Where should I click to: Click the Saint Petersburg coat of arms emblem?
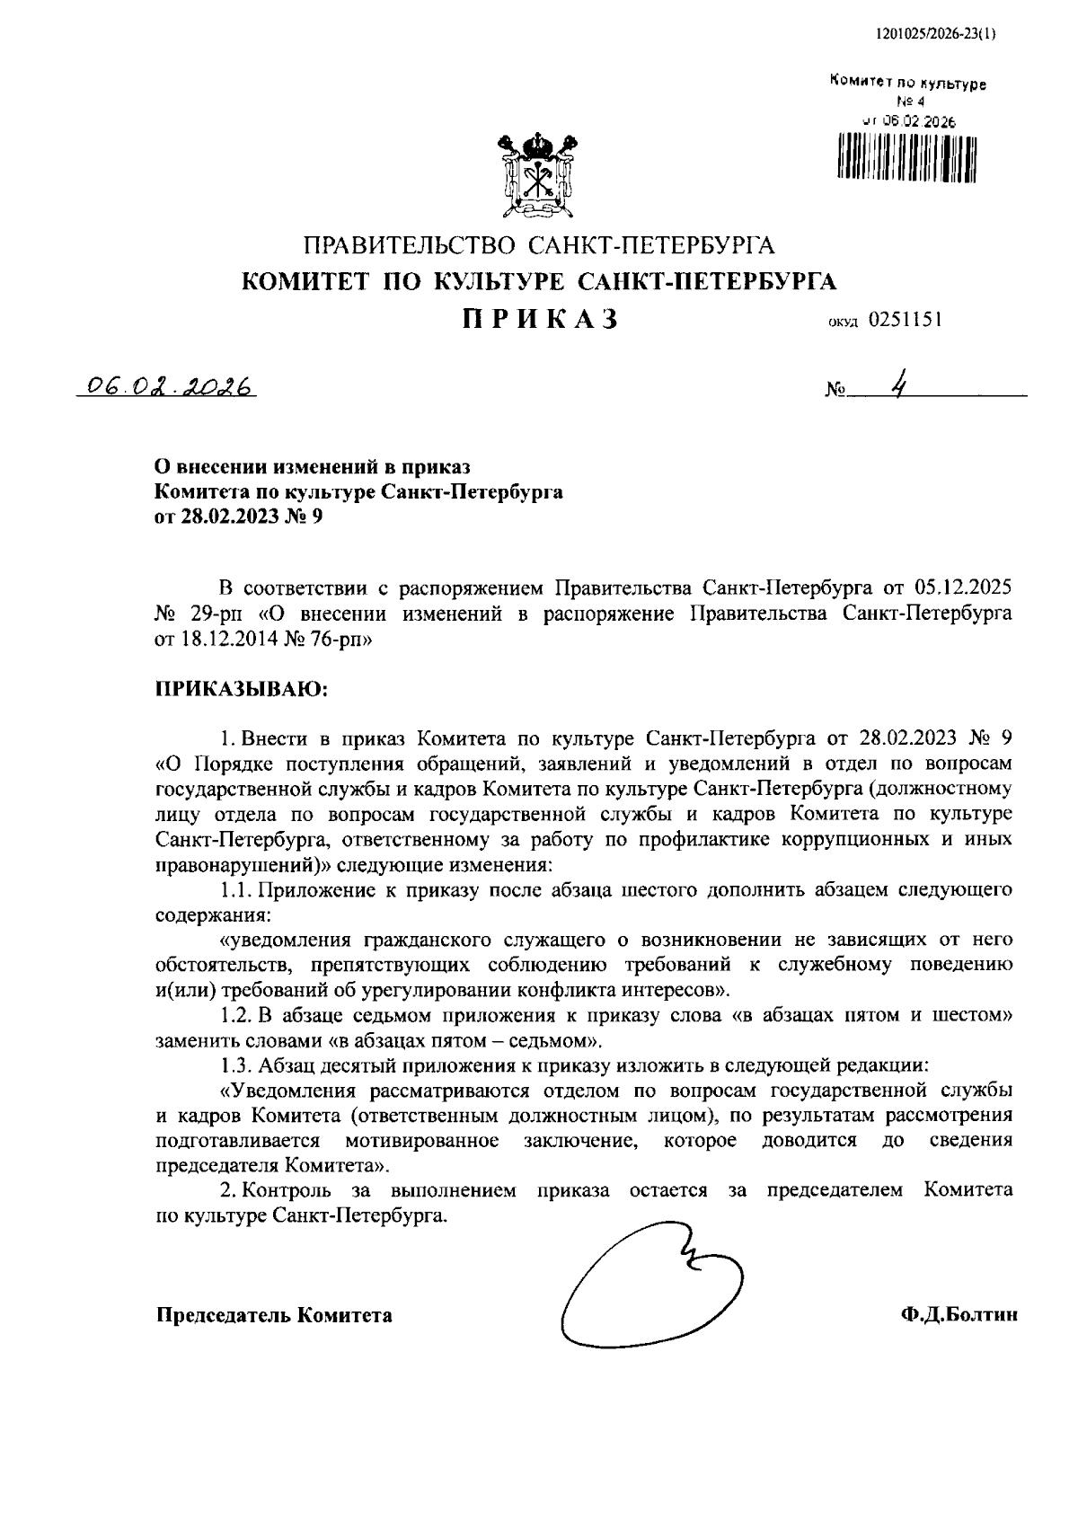click(538, 177)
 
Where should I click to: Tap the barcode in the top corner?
click(906, 155)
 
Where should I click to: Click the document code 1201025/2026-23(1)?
click(933, 35)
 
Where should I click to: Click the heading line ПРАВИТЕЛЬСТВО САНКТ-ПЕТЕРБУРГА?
click(539, 245)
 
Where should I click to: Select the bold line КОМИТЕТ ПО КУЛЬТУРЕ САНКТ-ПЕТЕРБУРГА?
click(539, 282)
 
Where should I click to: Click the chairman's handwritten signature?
click(649, 1292)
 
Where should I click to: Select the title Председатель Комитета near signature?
click(274, 1315)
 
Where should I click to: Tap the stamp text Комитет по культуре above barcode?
click(907, 84)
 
